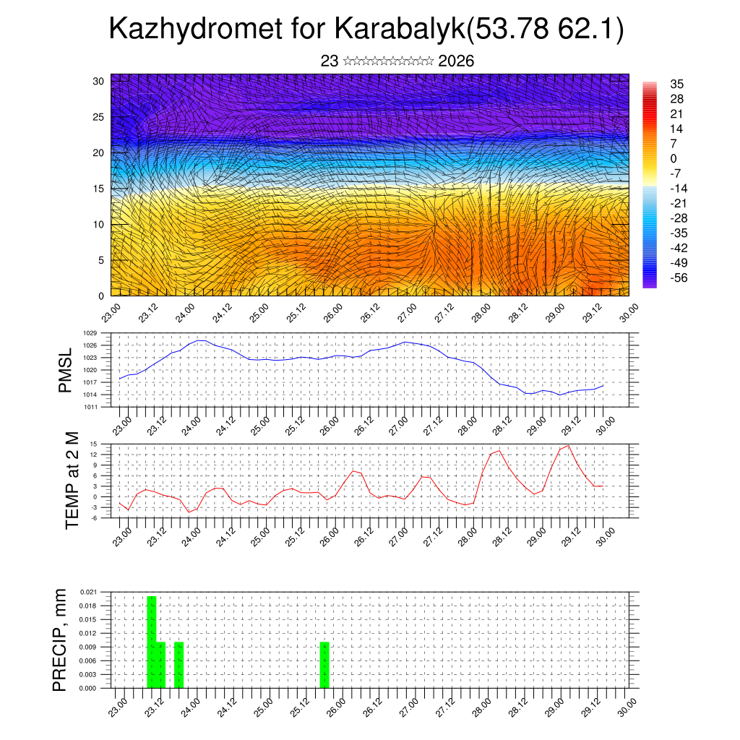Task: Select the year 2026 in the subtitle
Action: tap(456, 61)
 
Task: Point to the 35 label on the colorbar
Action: tap(677, 84)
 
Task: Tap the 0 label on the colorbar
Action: tap(674, 158)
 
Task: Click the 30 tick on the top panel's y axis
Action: tap(99, 81)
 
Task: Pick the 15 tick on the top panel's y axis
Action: tap(99, 189)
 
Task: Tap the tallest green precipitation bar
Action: tap(152, 642)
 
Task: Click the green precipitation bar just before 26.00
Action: tap(324, 665)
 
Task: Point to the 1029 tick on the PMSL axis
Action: tap(90, 333)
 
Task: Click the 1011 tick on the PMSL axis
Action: tap(90, 407)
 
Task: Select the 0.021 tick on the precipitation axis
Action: tap(88, 592)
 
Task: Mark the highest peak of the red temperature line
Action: tap(569, 445)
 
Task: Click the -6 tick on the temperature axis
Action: tap(94, 518)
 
